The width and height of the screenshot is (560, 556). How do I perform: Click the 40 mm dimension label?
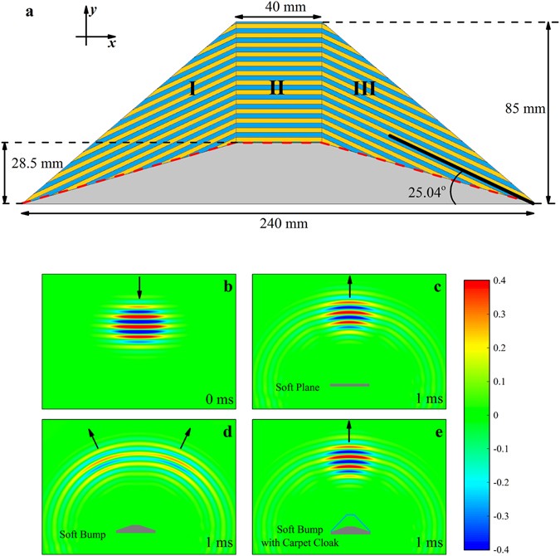pos(278,7)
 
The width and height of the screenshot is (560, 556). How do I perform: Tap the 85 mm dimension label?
pos(528,108)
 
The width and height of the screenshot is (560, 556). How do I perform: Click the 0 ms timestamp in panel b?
pos(219,397)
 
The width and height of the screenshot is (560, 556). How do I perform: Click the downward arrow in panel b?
pos(139,286)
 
